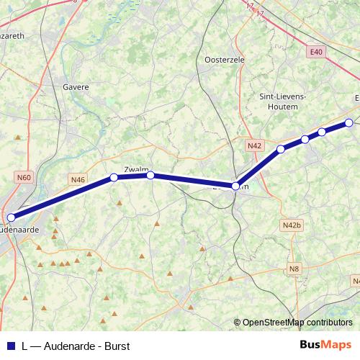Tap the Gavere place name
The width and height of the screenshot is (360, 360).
pyautogui.click(x=76, y=87)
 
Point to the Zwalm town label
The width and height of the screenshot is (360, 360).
pyautogui.click(x=136, y=169)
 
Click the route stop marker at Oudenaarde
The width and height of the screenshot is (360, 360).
pyautogui.click(x=11, y=217)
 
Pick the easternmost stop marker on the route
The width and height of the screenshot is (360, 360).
pyautogui.click(x=349, y=122)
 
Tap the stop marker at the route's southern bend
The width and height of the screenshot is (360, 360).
pyautogui.click(x=235, y=186)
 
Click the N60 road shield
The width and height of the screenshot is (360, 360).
pyautogui.click(x=24, y=176)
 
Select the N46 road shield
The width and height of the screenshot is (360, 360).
pyautogui.click(x=78, y=179)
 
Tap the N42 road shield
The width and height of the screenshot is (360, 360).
pyautogui.click(x=253, y=145)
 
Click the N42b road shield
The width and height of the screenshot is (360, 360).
pyautogui.click(x=292, y=225)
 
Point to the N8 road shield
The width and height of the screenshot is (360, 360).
pyautogui.click(x=293, y=269)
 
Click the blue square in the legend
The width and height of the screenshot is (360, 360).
pyautogui.click(x=10, y=346)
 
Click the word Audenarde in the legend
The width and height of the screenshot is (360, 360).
pyautogui.click(x=68, y=346)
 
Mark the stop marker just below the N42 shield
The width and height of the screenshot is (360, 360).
pyautogui.click(x=281, y=150)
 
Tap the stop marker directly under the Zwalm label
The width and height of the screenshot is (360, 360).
pyautogui.click(x=150, y=175)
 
